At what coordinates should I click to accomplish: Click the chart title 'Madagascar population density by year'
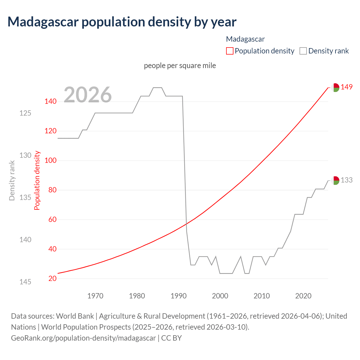(x=122, y=22)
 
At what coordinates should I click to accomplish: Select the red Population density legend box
(x=229, y=51)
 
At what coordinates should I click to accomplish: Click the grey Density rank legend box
(x=303, y=51)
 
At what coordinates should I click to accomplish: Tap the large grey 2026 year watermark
(x=87, y=95)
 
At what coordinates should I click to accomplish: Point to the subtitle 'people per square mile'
(x=180, y=66)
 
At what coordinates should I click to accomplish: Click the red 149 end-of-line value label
(x=346, y=87)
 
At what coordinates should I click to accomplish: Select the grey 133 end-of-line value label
(x=346, y=180)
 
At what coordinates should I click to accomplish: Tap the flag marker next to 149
(x=335, y=87)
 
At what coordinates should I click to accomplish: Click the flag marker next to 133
(x=335, y=181)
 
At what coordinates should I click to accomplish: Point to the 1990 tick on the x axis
(x=179, y=296)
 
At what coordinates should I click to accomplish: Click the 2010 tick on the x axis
(x=262, y=296)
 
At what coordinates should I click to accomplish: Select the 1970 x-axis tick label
(x=95, y=296)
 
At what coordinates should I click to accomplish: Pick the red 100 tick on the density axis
(x=51, y=161)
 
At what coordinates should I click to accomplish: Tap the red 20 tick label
(x=52, y=278)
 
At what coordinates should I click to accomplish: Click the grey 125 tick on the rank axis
(x=25, y=113)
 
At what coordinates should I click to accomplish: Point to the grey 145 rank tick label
(x=25, y=282)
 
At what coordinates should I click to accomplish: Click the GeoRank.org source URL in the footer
(x=83, y=338)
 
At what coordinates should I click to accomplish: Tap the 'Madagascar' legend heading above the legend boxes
(x=245, y=39)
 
